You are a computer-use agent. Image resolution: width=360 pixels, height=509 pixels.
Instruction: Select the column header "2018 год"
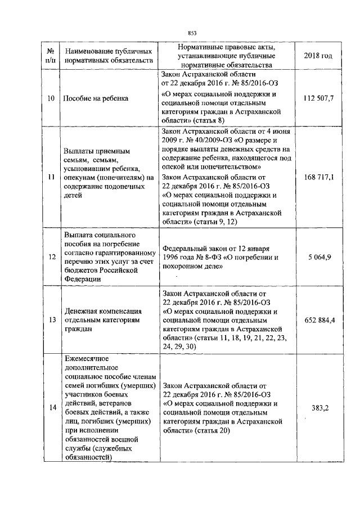(318, 56)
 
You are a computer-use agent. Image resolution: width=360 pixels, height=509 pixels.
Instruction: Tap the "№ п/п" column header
(51, 55)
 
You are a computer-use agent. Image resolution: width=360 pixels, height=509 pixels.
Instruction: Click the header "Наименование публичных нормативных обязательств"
(108, 55)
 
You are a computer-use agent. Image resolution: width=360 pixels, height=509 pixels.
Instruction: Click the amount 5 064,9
(319, 257)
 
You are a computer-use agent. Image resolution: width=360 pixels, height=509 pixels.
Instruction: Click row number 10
(51, 98)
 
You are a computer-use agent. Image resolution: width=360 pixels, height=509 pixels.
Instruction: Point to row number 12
(51, 257)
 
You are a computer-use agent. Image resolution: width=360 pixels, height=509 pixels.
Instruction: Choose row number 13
(51, 320)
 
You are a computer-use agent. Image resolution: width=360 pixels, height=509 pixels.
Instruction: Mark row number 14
(51, 408)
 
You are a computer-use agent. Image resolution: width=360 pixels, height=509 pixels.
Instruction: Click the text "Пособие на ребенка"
(96, 98)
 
